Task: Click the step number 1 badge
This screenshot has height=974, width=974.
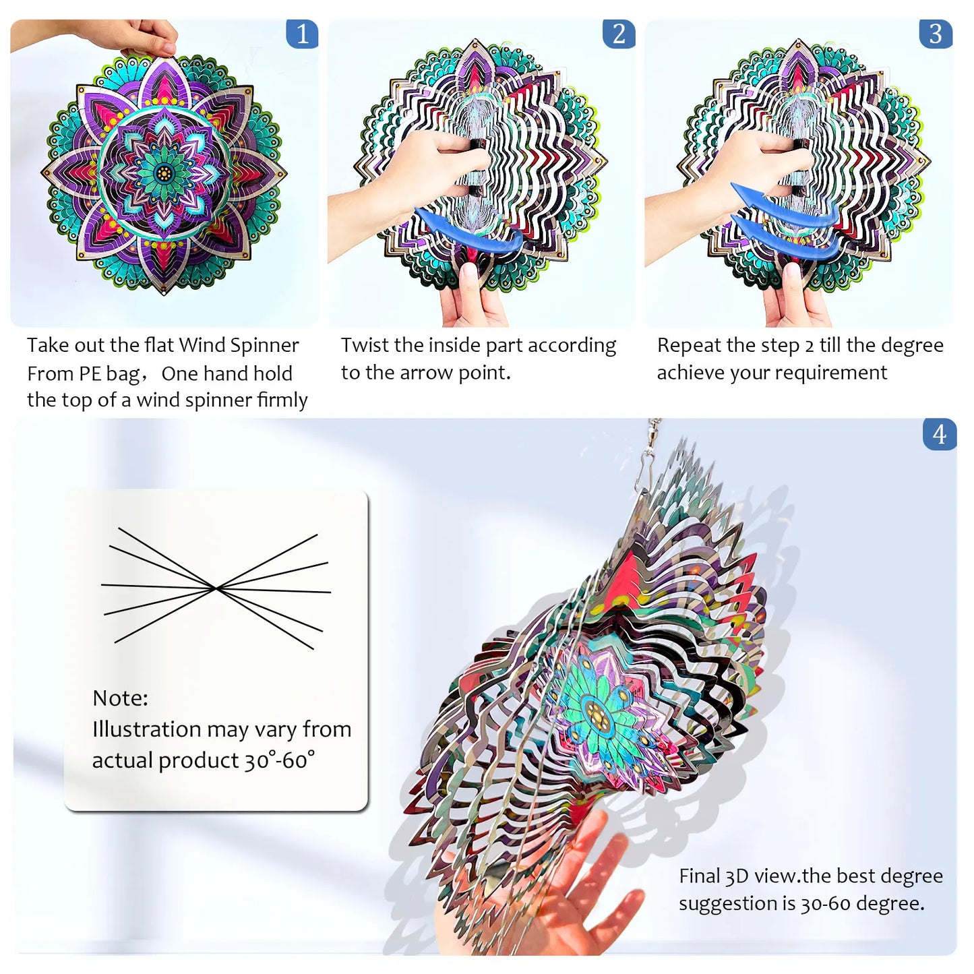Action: (302, 34)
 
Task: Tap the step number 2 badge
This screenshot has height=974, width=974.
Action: (619, 34)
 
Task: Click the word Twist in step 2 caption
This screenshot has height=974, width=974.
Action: (364, 345)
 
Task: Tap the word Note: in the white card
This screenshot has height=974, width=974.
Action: (120, 698)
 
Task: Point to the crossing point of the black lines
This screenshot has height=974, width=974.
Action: (216, 588)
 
